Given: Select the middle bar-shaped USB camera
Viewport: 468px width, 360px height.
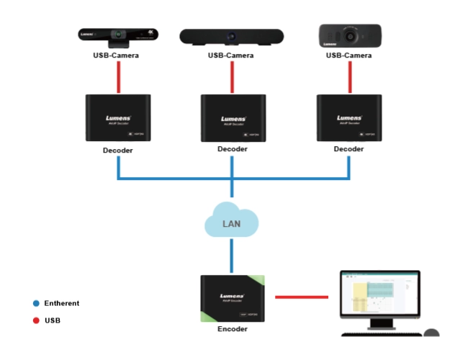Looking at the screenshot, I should point(231,36).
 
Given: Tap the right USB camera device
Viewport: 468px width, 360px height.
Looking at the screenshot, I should point(349,35).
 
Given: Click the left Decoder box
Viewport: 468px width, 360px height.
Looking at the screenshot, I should point(117,118).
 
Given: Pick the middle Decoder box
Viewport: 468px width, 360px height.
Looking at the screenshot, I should point(233,118).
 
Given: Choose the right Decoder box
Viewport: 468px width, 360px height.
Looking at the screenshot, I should point(349,118).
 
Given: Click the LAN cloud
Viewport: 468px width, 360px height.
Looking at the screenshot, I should point(231,223).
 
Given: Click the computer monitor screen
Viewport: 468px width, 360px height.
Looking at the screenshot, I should point(379,297).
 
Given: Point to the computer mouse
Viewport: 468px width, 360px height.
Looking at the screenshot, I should point(431,333).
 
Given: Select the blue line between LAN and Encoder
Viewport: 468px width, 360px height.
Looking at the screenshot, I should point(232,256).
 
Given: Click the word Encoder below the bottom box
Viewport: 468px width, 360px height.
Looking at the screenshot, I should point(232,329).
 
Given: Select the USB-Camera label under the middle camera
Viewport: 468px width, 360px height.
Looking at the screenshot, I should point(231,55).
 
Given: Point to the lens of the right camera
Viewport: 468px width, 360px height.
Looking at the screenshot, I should point(349,35).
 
